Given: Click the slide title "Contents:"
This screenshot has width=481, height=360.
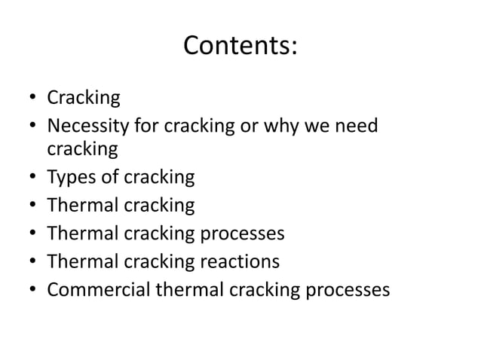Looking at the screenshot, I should (240, 47).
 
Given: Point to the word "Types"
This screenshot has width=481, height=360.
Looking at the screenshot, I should (69, 178).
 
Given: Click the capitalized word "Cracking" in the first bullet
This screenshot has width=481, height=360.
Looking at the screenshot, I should (84, 98).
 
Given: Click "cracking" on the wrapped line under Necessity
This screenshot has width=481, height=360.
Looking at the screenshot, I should (82, 149).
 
